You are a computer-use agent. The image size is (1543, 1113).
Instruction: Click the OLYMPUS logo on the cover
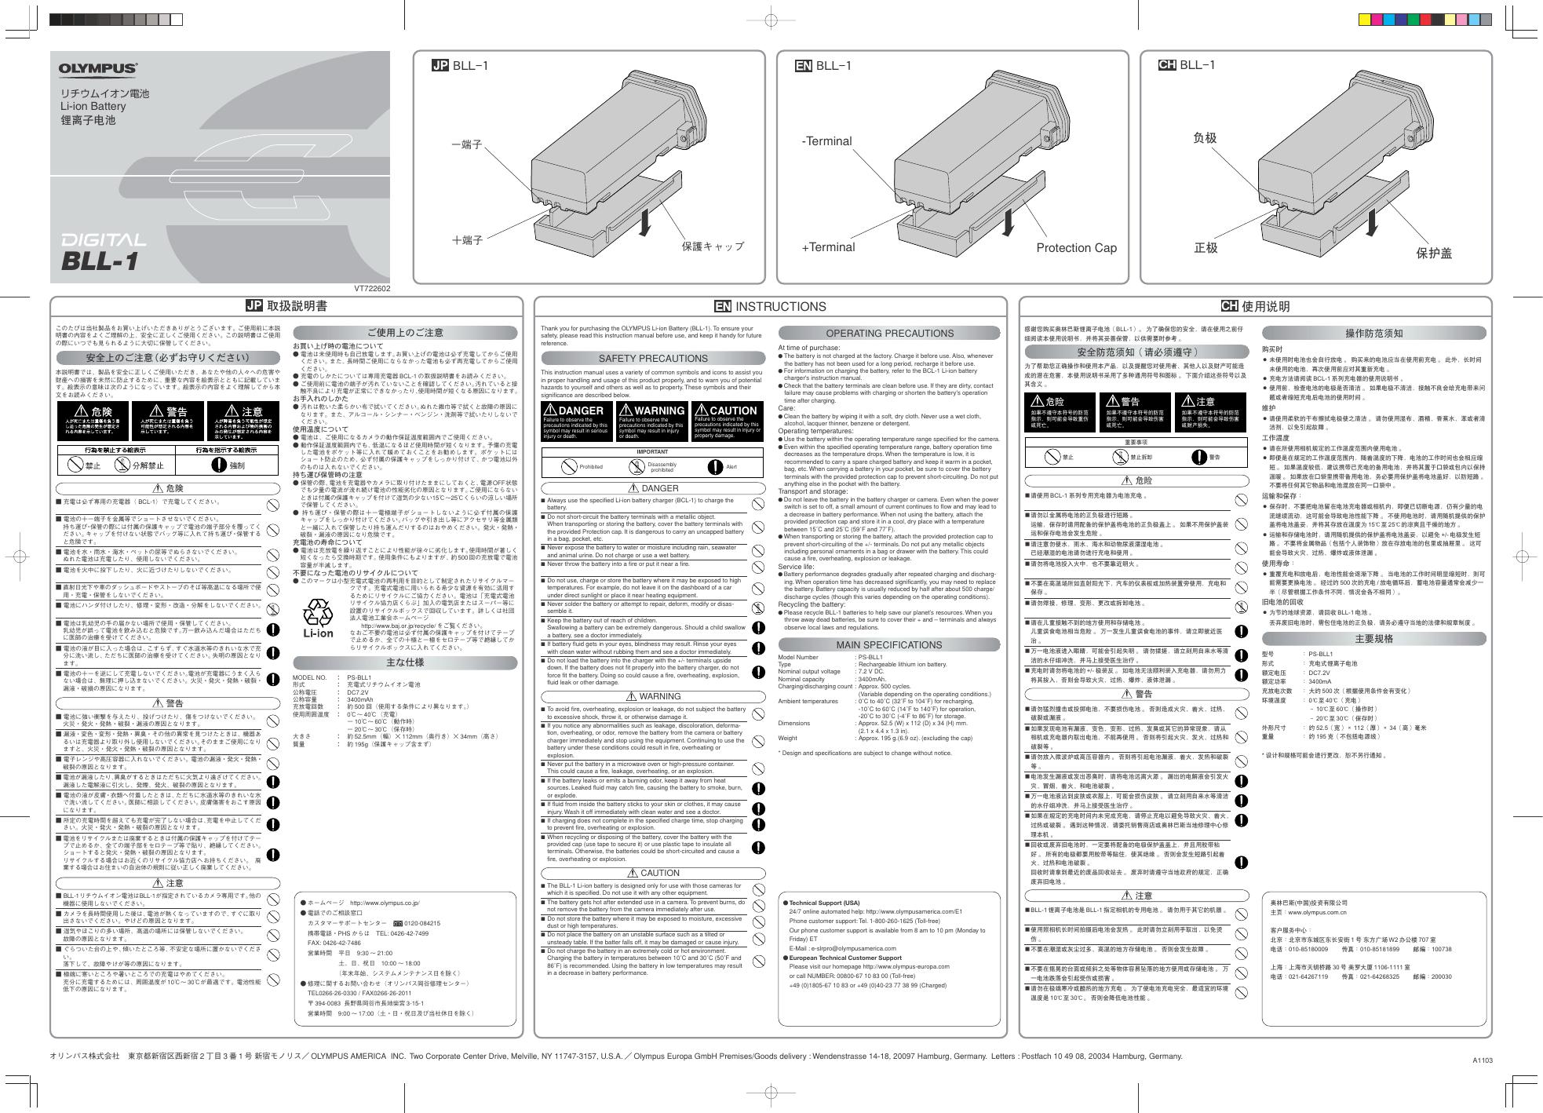pyautogui.click(x=98, y=69)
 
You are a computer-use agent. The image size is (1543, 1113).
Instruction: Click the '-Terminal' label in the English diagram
pyautogui.click(x=826, y=141)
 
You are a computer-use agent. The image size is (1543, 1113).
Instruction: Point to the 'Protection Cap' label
pyautogui.click(x=1076, y=248)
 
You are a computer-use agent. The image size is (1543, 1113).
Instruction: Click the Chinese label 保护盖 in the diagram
pyautogui.click(x=1434, y=253)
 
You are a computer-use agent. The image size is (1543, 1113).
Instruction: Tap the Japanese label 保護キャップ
pyautogui.click(x=713, y=246)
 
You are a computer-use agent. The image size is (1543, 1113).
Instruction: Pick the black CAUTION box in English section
pyautogui.click(x=727, y=424)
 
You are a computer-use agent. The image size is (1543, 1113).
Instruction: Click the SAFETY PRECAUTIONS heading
pyautogui.click(x=653, y=359)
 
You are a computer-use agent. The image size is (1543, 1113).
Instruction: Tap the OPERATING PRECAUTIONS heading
pyautogui.click(x=890, y=333)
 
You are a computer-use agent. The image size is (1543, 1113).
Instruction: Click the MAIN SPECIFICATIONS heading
pyautogui.click(x=889, y=645)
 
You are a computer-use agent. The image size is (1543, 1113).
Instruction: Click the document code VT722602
pyautogui.click(x=373, y=289)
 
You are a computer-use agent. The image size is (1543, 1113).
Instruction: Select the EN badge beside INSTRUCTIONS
pyautogui.click(x=723, y=307)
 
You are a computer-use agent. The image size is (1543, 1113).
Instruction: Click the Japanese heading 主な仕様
pyautogui.click(x=406, y=662)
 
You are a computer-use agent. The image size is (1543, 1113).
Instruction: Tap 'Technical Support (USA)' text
pyautogui.click(x=824, y=903)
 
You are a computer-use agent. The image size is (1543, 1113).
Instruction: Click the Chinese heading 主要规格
pyautogui.click(x=1374, y=639)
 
